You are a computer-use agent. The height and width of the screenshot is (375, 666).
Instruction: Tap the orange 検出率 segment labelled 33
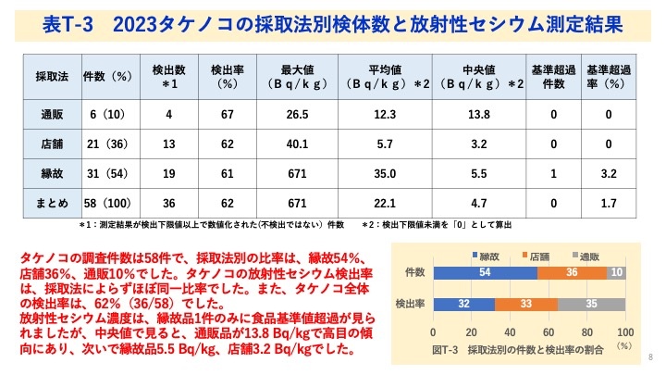coord(525,303)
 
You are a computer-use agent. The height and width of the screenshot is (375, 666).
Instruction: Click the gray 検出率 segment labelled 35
coord(591,303)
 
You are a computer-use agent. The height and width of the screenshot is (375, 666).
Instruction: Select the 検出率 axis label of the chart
coord(410,303)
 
